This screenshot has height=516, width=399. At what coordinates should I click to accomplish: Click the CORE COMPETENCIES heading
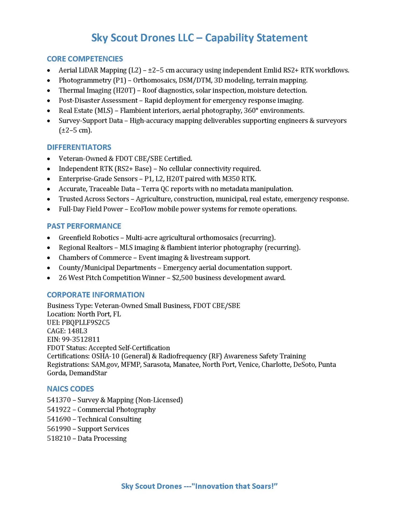(x=85, y=59)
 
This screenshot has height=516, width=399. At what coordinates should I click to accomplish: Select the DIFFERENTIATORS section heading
(x=79, y=147)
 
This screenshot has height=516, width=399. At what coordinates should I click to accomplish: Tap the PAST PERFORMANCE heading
(x=84, y=226)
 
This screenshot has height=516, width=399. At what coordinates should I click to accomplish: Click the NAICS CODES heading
(x=70, y=389)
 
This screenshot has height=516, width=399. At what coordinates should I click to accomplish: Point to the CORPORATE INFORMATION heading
(x=96, y=295)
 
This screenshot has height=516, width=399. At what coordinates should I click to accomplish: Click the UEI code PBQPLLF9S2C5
(x=85, y=322)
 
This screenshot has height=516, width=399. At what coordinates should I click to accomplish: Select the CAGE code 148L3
(x=77, y=331)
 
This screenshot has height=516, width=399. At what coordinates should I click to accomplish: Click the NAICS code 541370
(x=59, y=400)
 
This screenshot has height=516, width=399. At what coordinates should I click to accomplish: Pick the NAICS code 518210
(x=59, y=438)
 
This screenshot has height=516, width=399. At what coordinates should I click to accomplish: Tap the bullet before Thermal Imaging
(x=48, y=91)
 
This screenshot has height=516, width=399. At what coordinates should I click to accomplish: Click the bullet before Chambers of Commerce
(x=48, y=258)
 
